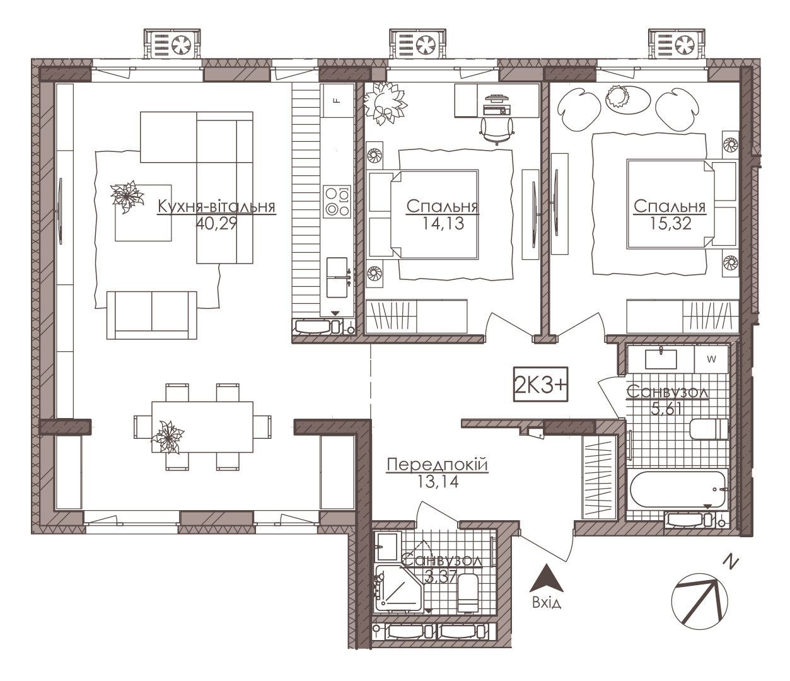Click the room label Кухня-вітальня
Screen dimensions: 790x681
[x=216, y=207]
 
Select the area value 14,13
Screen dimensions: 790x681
[x=443, y=223]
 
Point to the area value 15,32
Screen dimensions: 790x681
[x=670, y=223]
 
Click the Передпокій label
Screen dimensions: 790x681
[x=438, y=465]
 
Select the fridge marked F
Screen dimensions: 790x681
[x=338, y=100]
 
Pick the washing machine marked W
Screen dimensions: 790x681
[x=711, y=359]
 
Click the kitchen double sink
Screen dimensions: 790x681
[x=337, y=277]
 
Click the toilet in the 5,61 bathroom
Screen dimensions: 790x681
[x=709, y=429]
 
